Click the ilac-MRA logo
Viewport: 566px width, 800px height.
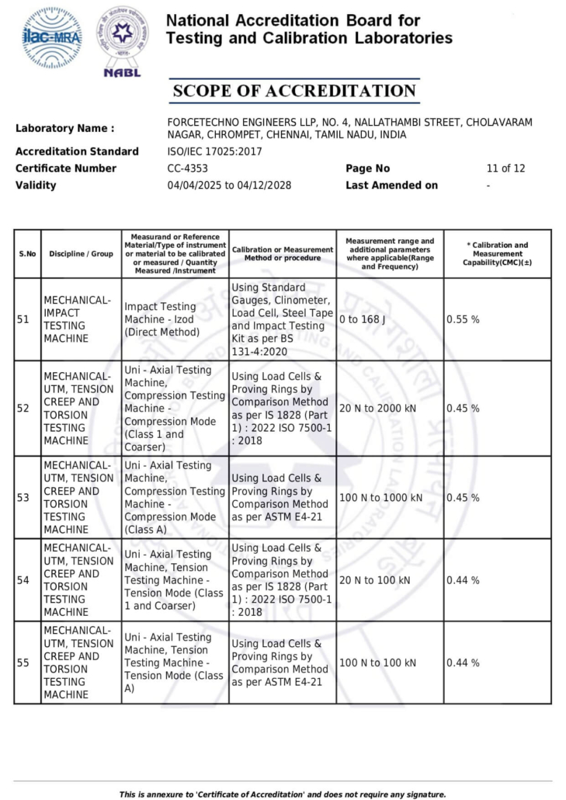pyautogui.click(x=52, y=37)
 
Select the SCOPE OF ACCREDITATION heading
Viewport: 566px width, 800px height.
pyautogui.click(x=294, y=91)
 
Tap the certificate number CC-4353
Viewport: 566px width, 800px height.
pyautogui.click(x=187, y=169)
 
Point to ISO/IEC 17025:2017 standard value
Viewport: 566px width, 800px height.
pyautogui.click(x=215, y=151)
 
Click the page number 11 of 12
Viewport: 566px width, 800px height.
pyautogui.click(x=505, y=169)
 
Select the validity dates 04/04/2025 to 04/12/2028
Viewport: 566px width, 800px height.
pyautogui.click(x=229, y=186)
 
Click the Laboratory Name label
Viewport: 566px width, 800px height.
pyautogui.click(x=64, y=128)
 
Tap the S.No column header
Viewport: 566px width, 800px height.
pyautogui.click(x=27, y=254)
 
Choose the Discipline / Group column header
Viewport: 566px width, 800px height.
pyautogui.click(x=81, y=254)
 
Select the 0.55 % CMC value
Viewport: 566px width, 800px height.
pyautogui.click(x=463, y=319)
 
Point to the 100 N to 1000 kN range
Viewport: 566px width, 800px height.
pyautogui.click(x=380, y=497)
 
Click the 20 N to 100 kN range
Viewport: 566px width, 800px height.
pyautogui.click(x=375, y=580)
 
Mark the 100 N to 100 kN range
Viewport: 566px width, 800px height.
pyautogui.click(x=377, y=663)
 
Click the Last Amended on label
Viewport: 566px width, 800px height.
pyautogui.click(x=391, y=186)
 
